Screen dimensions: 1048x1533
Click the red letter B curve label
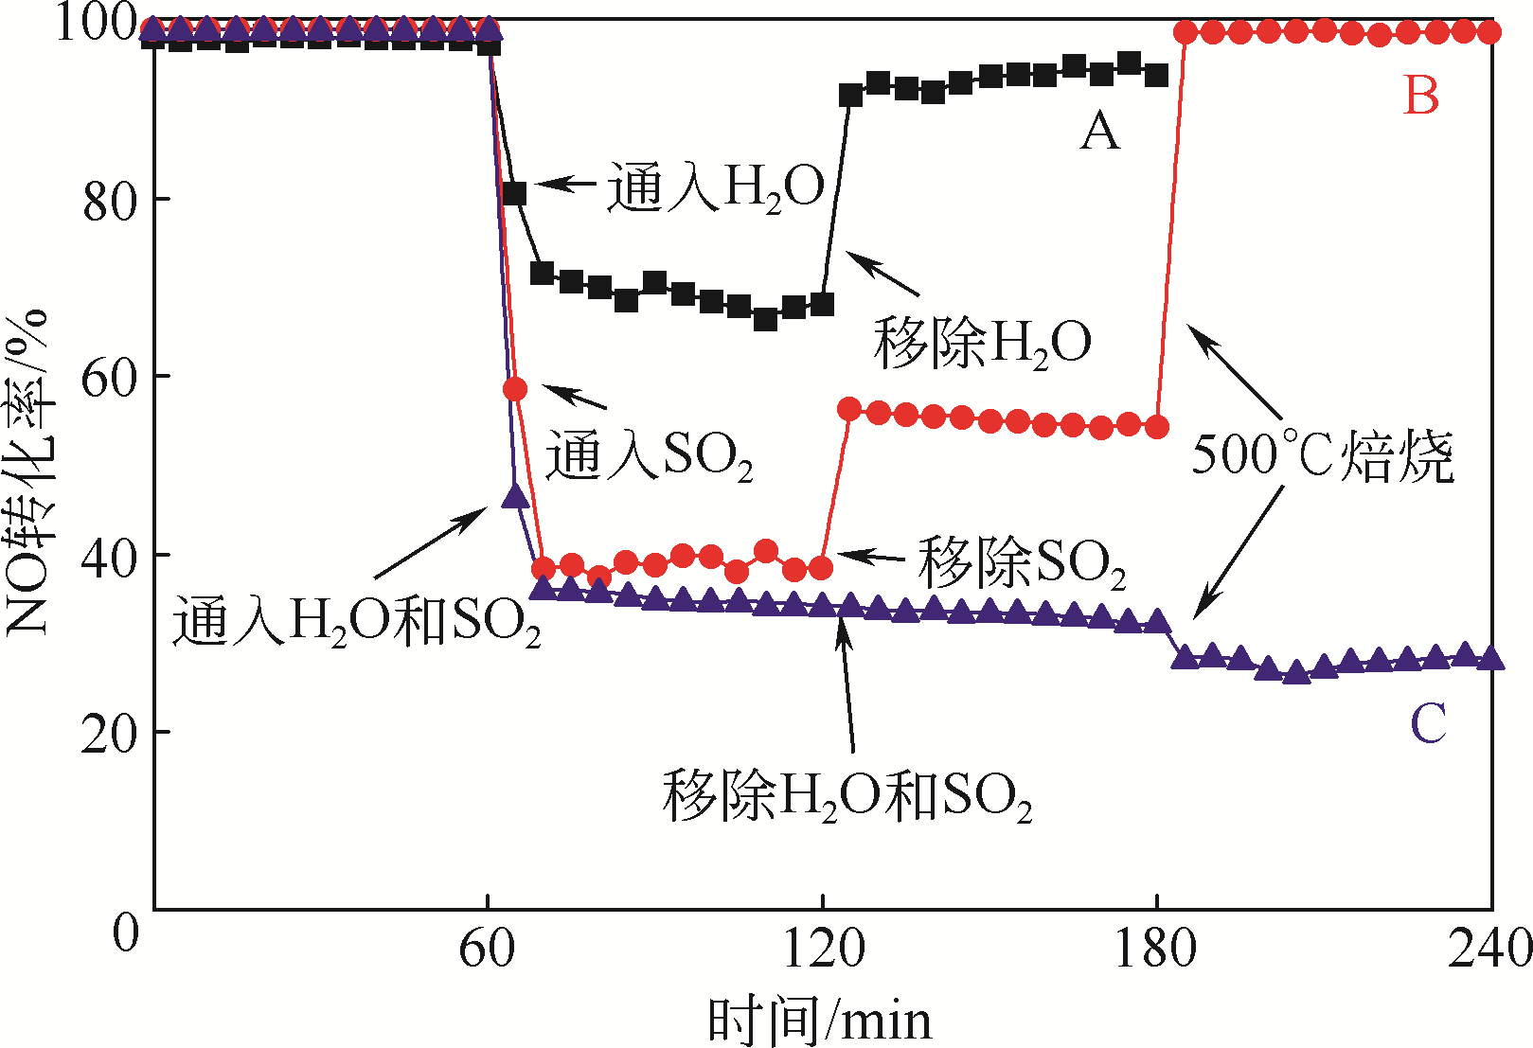1421,95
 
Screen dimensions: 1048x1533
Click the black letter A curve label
1099,131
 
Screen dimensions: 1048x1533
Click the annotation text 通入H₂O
716,187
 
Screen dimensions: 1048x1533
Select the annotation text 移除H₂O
982,343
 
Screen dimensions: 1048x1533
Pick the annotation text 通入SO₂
649,457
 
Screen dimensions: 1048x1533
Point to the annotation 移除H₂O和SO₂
847,795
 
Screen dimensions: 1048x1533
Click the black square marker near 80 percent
514,193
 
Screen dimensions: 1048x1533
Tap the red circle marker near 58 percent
515,389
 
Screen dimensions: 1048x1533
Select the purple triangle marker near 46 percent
515,495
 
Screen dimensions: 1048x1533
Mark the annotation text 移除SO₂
1022,562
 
